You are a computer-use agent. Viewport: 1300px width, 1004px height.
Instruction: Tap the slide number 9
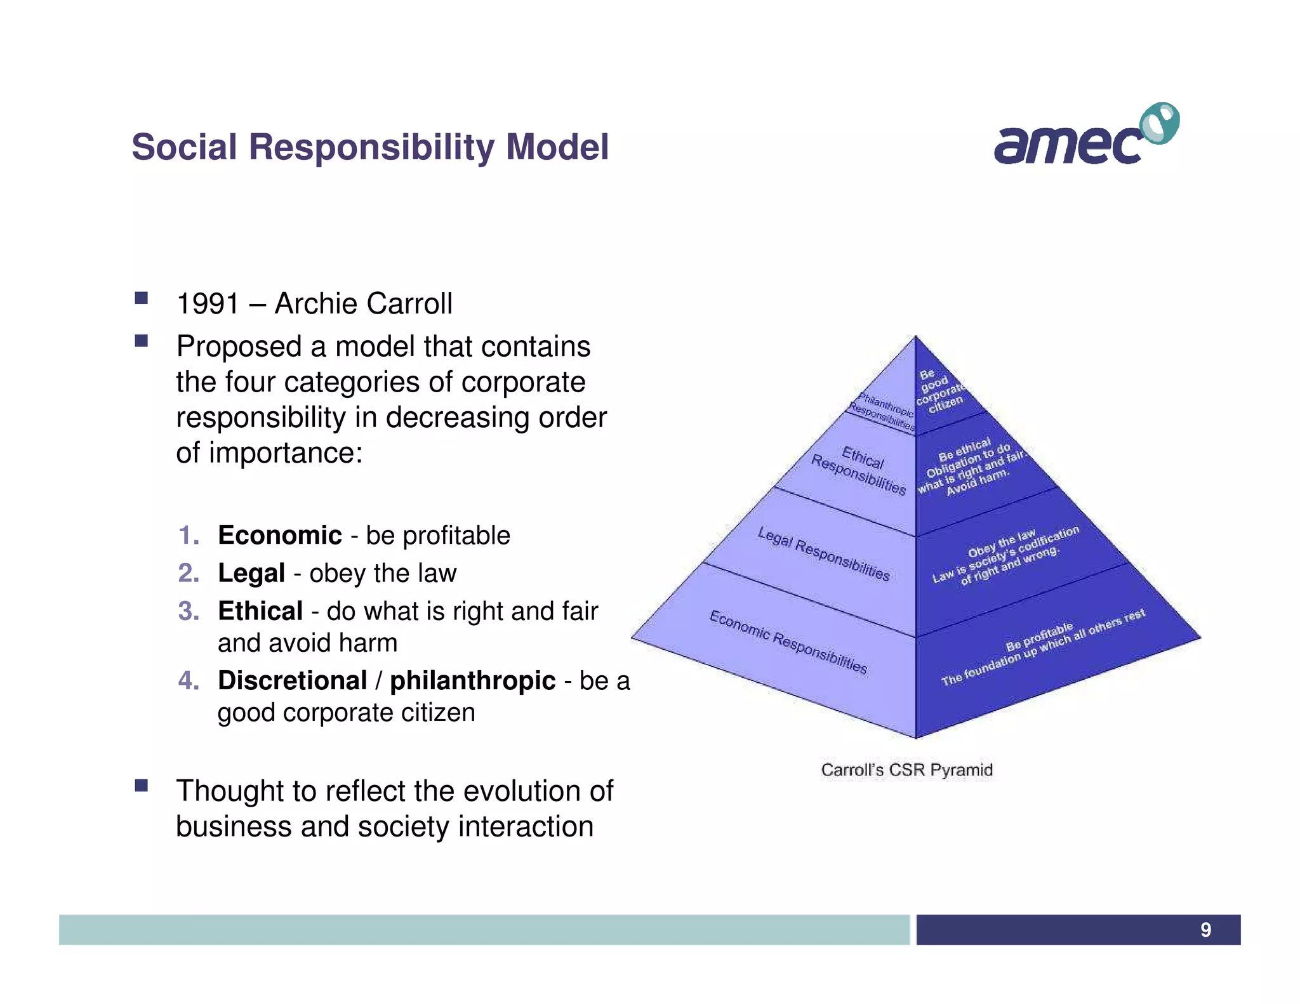tap(1205, 930)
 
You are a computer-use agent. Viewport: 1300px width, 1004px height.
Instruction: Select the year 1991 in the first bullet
tap(208, 303)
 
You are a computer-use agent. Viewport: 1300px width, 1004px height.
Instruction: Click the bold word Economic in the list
tap(279, 535)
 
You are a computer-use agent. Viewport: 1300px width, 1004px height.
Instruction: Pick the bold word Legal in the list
tap(251, 573)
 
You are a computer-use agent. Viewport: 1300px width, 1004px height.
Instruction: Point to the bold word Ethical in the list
tap(260, 611)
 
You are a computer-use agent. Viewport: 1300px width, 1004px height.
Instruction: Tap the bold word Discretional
tap(293, 680)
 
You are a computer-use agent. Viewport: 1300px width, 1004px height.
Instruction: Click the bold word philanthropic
tap(472, 680)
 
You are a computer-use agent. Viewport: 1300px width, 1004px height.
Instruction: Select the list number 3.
tap(189, 611)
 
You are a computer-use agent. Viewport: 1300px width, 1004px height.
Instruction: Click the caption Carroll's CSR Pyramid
tap(906, 770)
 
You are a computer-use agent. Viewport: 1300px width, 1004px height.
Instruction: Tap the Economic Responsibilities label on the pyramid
tap(788, 642)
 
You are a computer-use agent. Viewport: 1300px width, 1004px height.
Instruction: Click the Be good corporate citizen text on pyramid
tap(939, 391)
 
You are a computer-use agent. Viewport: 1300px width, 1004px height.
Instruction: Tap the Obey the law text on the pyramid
tap(1001, 541)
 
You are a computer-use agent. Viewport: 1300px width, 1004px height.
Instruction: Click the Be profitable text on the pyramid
tap(1038, 637)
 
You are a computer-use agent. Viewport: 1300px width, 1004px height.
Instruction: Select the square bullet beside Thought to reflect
tap(141, 786)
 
